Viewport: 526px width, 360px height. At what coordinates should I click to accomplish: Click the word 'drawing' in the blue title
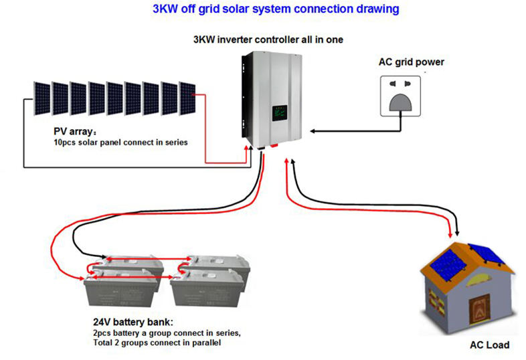(377, 9)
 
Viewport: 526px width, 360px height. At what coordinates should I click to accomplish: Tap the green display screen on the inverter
(280, 113)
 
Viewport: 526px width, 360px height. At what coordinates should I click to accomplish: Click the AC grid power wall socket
(400, 96)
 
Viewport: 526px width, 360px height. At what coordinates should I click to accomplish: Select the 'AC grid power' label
(412, 62)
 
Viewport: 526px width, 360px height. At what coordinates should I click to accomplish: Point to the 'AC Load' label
(489, 345)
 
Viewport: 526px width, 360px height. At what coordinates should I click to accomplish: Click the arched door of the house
(479, 310)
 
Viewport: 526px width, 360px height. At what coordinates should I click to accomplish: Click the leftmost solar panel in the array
(42, 98)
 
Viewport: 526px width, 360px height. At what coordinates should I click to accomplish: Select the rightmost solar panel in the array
(187, 98)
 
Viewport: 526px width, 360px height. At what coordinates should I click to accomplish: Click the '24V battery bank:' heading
(133, 322)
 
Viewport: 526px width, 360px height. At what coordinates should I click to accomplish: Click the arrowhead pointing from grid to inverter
(313, 131)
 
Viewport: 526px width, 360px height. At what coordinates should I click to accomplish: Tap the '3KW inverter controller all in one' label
(268, 39)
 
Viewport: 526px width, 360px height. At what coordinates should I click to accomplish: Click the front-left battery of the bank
(120, 288)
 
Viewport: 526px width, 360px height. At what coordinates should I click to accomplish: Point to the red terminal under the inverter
(274, 146)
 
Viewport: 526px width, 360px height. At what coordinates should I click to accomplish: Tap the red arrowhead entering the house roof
(450, 234)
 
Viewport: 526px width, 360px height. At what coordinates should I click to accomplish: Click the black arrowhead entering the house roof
(457, 232)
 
